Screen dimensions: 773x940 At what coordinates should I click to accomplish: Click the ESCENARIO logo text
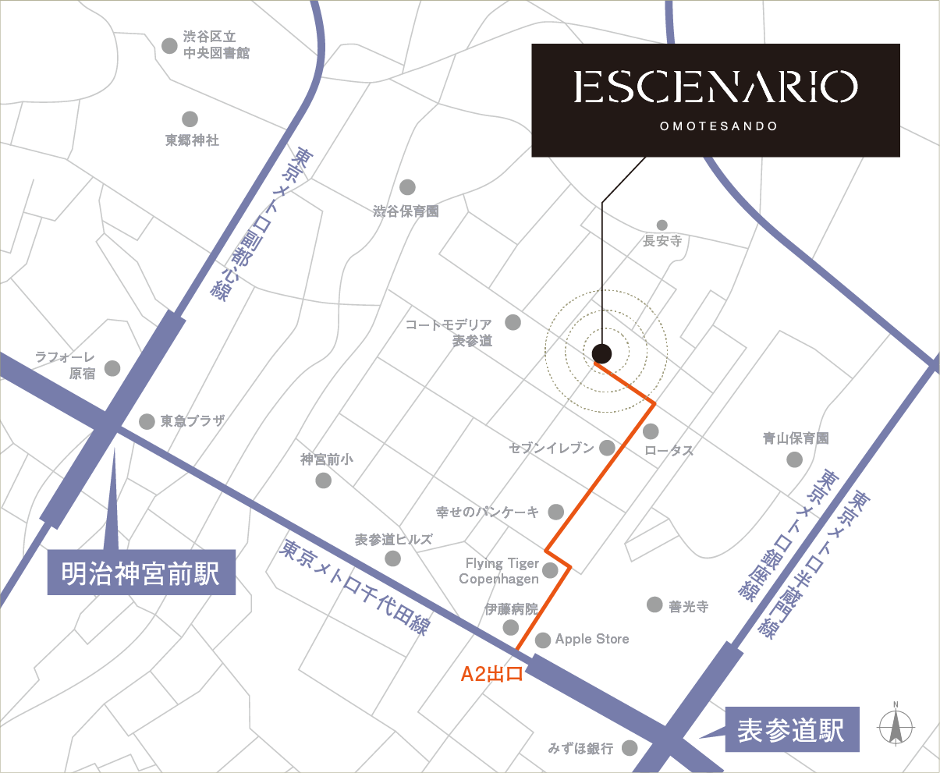(715, 87)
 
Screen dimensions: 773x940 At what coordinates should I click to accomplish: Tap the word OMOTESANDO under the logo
(718, 126)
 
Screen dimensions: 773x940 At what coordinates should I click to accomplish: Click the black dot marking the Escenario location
(601, 353)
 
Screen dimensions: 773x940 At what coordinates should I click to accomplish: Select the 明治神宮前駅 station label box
(141, 573)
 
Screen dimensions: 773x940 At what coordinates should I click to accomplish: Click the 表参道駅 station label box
(791, 731)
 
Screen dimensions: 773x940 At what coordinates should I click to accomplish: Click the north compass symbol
(896, 727)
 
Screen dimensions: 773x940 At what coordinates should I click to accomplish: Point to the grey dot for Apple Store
(543, 640)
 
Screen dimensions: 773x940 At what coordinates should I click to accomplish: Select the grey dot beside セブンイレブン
(608, 448)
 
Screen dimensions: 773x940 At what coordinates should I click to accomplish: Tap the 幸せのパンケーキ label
(488, 512)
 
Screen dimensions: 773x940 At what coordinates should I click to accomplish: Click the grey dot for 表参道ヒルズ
(393, 558)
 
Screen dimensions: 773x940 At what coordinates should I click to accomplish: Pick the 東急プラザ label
(192, 421)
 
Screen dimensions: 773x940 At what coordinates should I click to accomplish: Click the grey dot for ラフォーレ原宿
(112, 368)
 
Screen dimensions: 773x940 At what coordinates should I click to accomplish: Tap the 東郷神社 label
(192, 140)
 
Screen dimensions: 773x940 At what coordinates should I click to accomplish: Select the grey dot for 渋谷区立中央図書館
(169, 45)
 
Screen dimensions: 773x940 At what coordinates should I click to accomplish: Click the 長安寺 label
(662, 242)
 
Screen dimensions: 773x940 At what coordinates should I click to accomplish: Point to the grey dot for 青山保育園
(794, 459)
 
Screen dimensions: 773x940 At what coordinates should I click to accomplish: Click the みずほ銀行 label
(581, 748)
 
